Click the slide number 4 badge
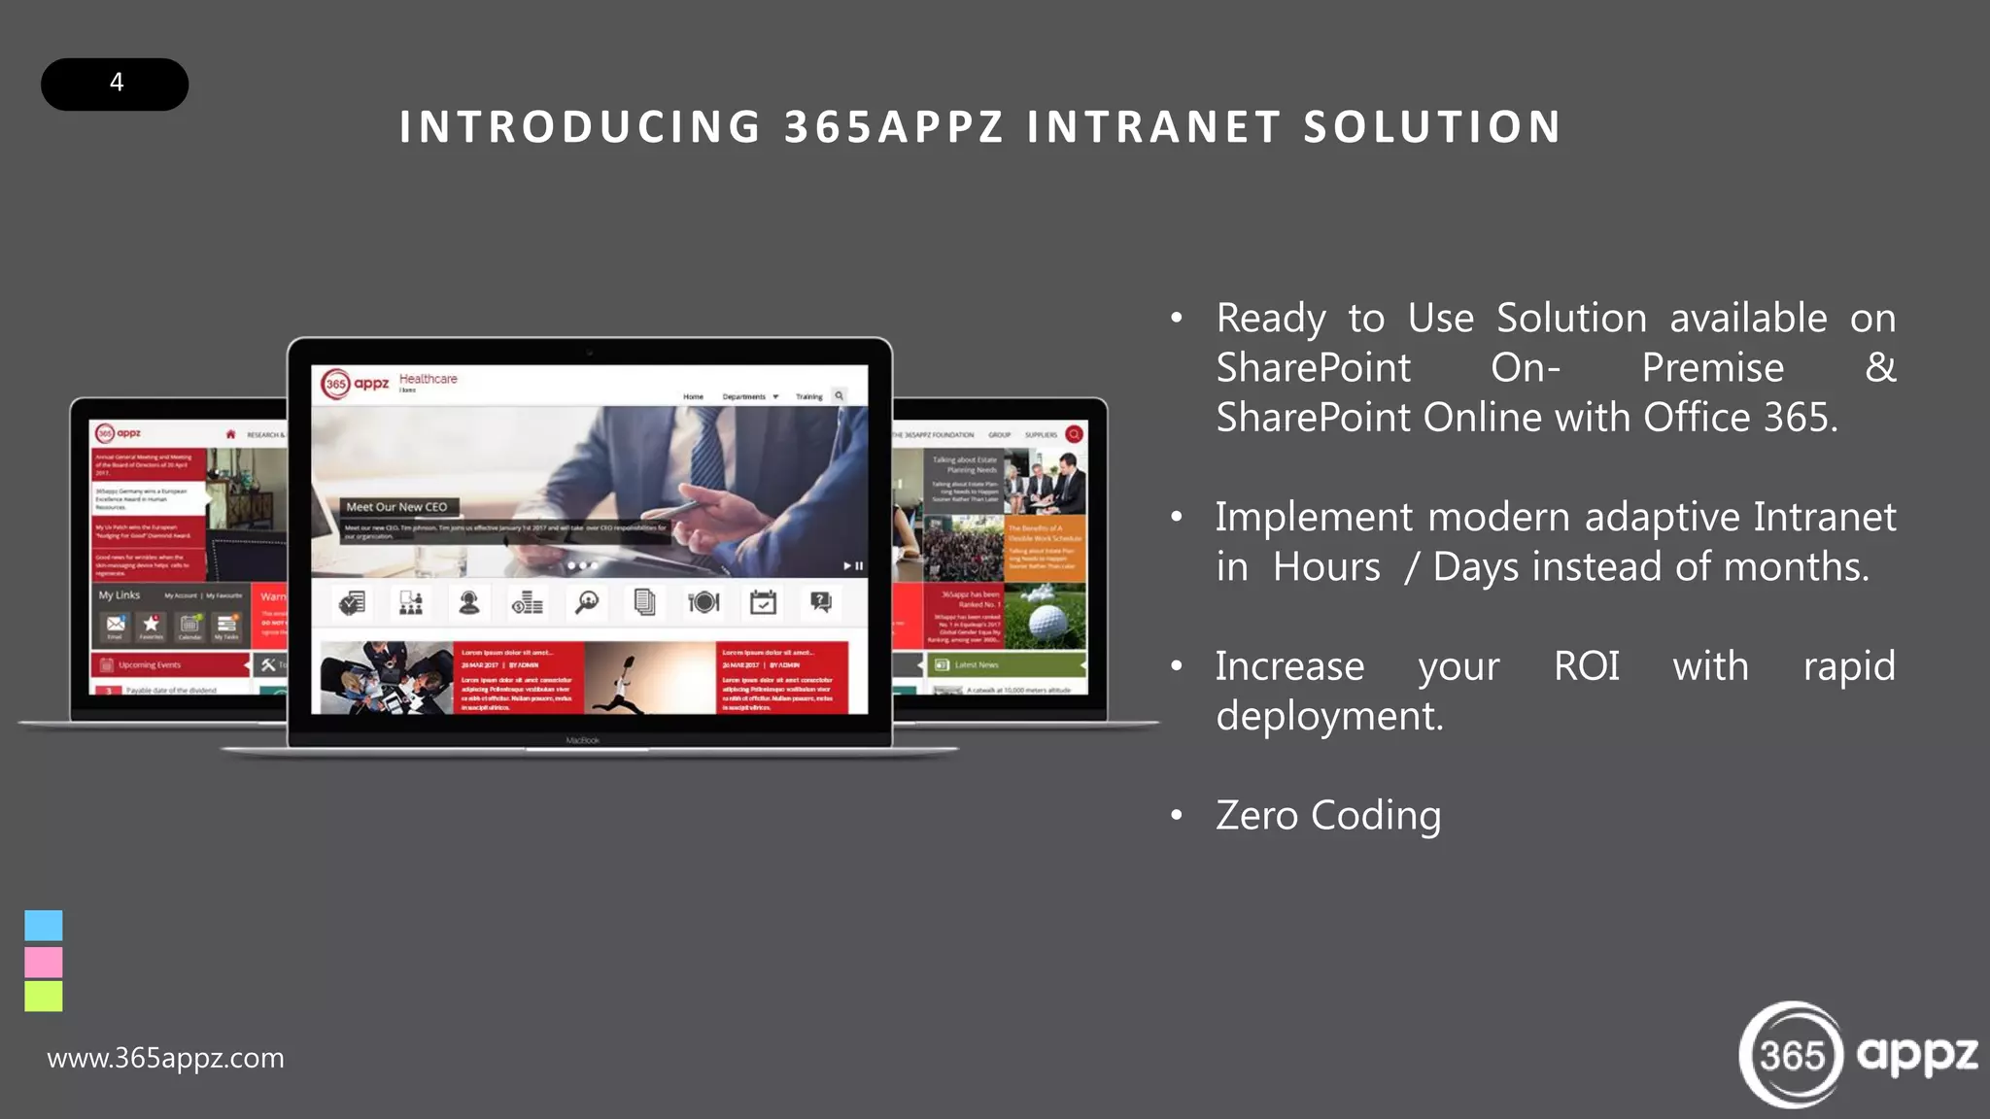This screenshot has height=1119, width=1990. coord(115,84)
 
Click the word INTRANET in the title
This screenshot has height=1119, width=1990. coord(1154,127)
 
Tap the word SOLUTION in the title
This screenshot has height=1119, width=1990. coord(1432,127)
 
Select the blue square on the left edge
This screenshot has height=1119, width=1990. coord(44,925)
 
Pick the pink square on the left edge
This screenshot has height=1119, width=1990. coord(44,962)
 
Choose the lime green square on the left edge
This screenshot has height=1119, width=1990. coord(44,996)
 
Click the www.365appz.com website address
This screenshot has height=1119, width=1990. coord(165,1058)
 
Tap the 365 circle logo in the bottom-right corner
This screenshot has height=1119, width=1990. coord(1791,1055)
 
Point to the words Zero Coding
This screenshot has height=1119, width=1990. coord(1328,815)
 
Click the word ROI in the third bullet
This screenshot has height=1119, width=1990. coord(1586,666)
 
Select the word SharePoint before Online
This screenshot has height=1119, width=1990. coord(1314,418)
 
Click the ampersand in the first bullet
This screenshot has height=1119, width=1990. coord(1880,368)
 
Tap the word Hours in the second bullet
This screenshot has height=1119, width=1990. coord(1326,567)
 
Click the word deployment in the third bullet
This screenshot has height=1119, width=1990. coord(1329,716)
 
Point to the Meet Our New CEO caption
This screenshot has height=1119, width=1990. coord(396,507)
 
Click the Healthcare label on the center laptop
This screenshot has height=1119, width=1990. coord(428,379)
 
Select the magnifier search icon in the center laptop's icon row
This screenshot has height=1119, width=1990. coord(586,603)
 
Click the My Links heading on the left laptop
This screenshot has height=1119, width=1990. coord(119,595)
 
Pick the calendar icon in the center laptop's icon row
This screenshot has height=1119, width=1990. coord(763,603)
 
